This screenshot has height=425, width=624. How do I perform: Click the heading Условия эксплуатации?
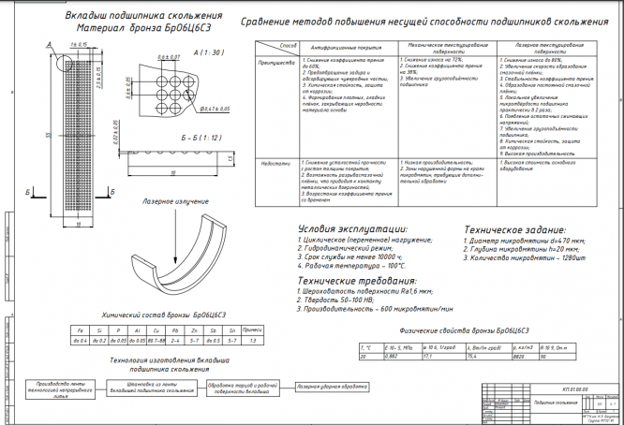coord(352,228)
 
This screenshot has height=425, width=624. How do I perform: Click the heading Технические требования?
coord(356,281)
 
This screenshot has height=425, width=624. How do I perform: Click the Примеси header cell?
coord(251,330)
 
